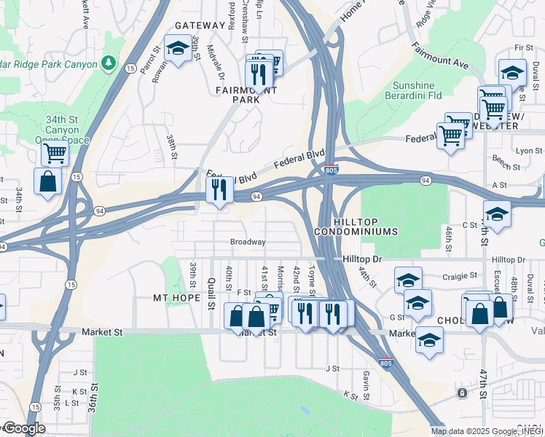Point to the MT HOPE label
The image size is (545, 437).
[176, 298]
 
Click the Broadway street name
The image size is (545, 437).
[248, 242]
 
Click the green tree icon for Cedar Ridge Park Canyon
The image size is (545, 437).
[109, 63]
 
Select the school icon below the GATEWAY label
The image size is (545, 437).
[177, 50]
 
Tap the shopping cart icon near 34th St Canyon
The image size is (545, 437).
[55, 154]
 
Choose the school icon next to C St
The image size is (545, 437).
[497, 214]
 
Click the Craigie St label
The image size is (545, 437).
[459, 276]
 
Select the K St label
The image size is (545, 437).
[350, 395]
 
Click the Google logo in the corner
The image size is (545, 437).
[23, 428]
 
